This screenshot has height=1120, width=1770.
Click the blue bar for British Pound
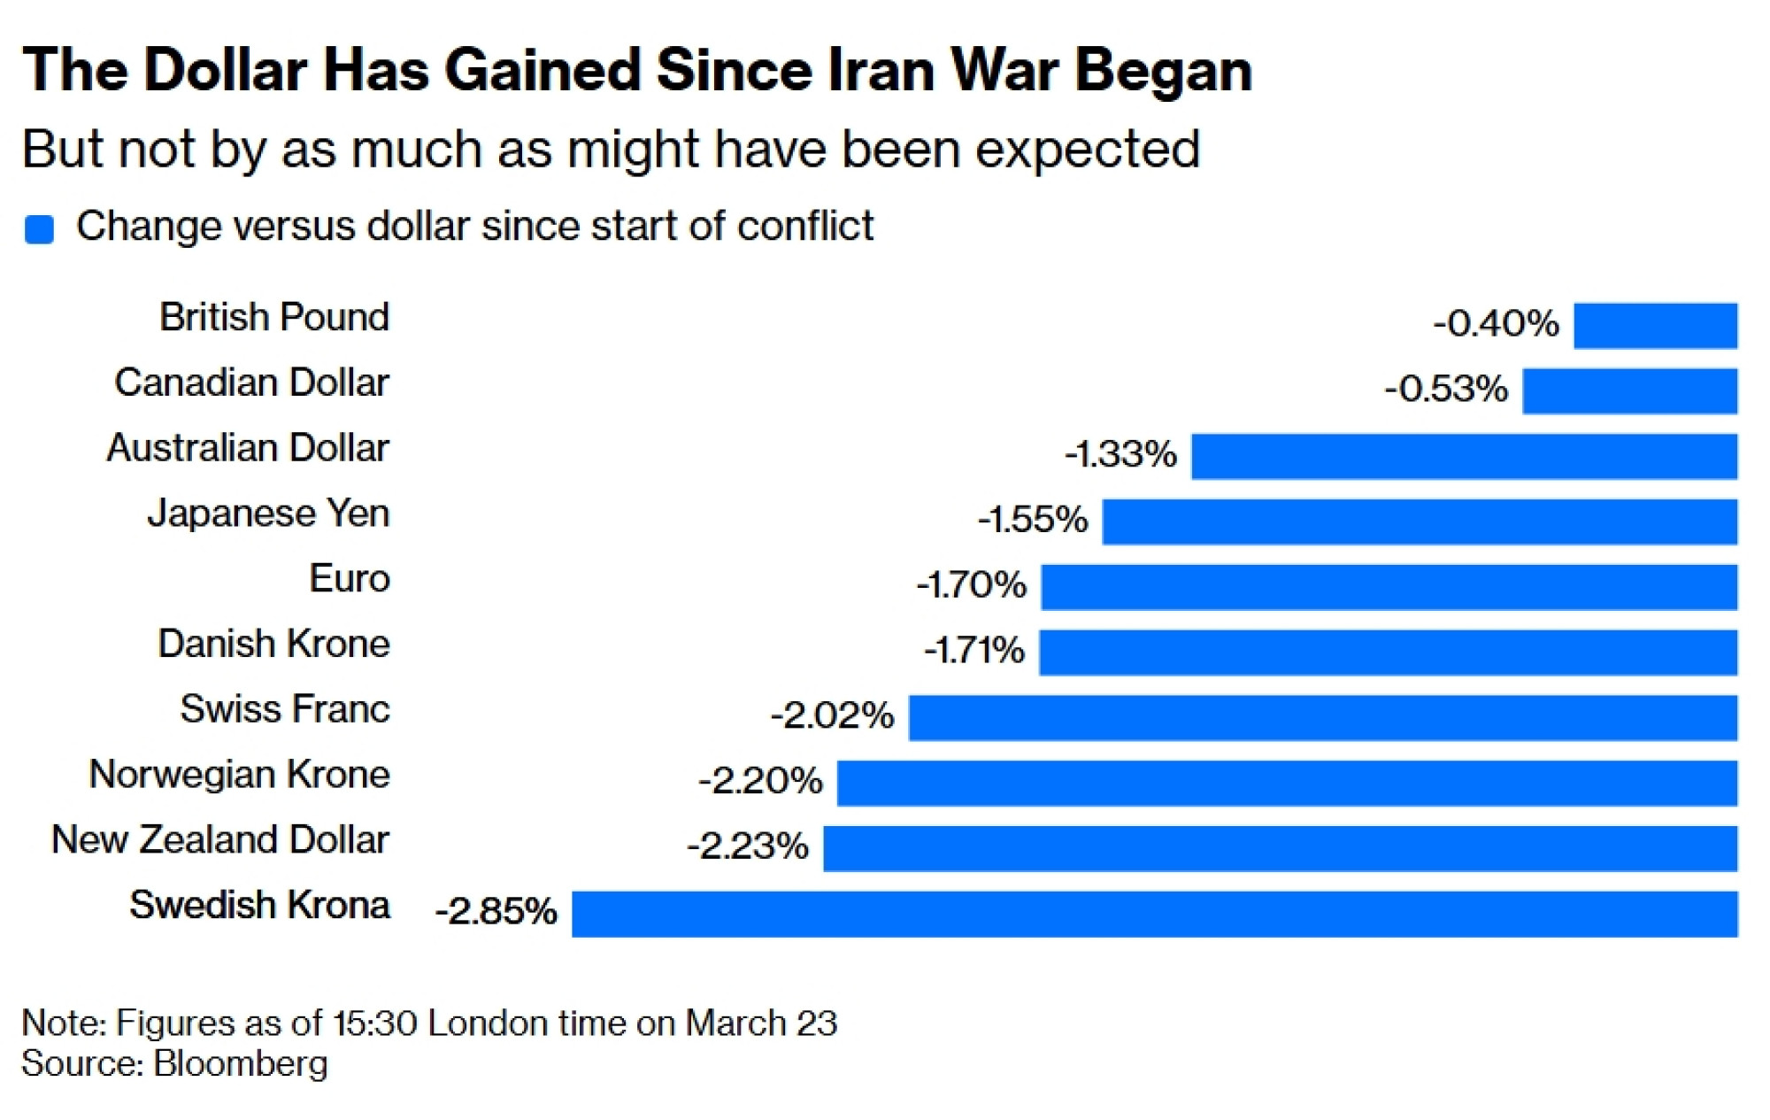[1655, 326]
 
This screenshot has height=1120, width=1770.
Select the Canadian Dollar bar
[1629, 391]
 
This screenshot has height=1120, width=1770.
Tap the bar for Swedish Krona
[1154, 914]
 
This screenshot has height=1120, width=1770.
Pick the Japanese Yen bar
[1420, 521]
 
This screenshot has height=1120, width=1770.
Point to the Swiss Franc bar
[1323, 717]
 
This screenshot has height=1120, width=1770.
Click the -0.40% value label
[1496, 324]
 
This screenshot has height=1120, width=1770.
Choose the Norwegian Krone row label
[239, 775]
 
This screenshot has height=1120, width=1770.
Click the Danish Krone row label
[273, 644]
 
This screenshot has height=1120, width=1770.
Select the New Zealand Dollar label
[219, 839]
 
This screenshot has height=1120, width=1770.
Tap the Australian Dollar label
[248, 448]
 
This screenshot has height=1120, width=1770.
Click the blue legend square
[39, 229]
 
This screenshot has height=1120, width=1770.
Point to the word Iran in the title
[880, 71]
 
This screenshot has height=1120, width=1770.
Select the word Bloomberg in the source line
[240, 1063]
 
